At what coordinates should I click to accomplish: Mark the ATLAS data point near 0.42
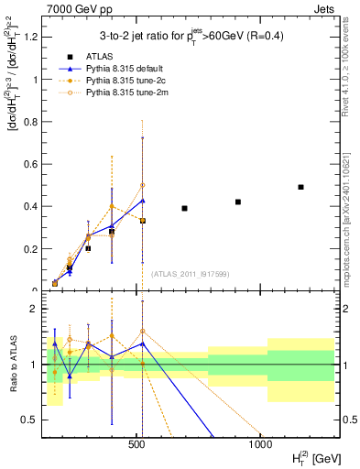(238, 202)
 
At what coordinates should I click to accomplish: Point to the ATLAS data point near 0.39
(184, 209)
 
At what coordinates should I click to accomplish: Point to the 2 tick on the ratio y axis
(37, 310)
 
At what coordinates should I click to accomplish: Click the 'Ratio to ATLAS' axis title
(12, 365)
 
